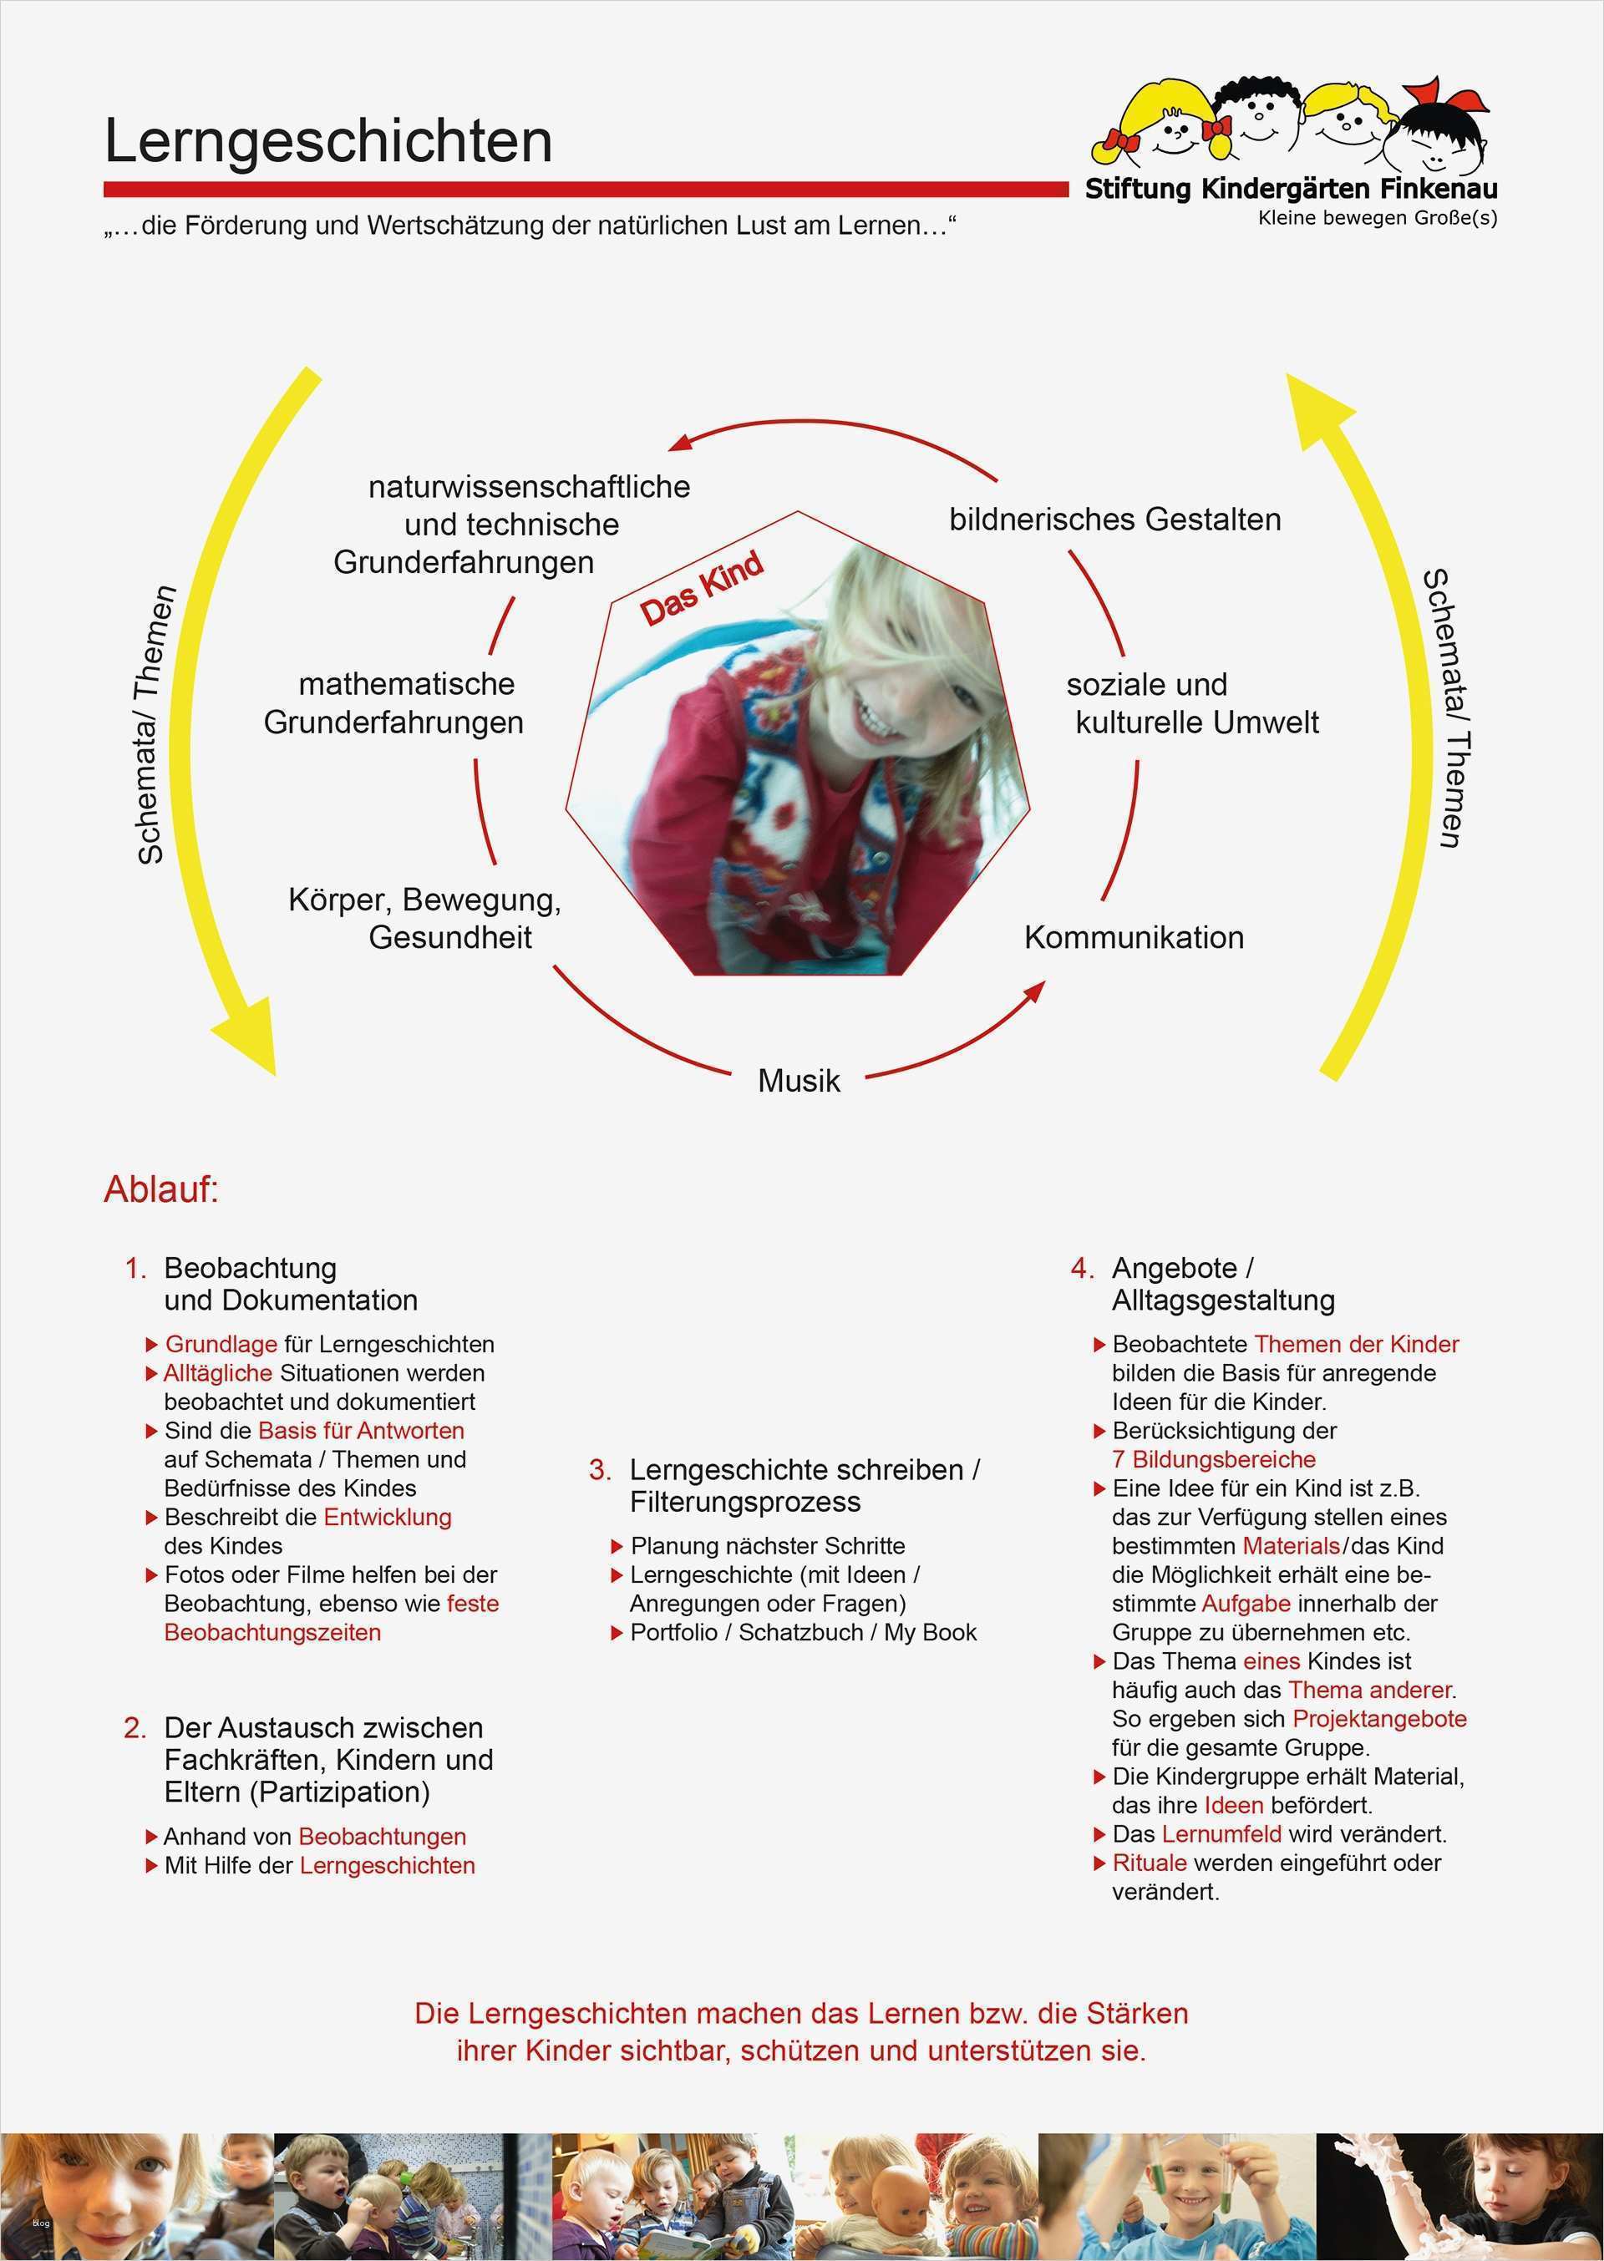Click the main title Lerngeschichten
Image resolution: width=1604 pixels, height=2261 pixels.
click(x=328, y=141)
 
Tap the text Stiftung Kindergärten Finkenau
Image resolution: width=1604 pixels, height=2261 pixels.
click(x=1291, y=189)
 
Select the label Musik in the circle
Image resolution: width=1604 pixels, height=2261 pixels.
click(x=799, y=1080)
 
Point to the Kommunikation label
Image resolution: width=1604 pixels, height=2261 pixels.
click(x=1134, y=937)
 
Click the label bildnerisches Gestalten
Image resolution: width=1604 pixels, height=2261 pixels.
click(x=1115, y=520)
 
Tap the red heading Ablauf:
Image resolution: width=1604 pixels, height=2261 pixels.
click(x=161, y=1189)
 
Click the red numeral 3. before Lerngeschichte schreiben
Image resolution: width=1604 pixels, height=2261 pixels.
click(x=600, y=1469)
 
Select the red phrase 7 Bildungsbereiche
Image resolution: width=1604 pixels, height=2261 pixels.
click(x=1214, y=1459)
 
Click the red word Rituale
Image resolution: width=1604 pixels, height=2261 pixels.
click(x=1150, y=1863)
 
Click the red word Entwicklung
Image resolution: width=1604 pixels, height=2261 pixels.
click(x=387, y=1517)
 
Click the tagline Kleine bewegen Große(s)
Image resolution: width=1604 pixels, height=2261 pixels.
click(x=1377, y=218)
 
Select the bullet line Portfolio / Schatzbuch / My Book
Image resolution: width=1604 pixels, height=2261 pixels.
click(x=803, y=1632)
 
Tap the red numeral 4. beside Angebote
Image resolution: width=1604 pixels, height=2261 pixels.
click(x=1083, y=1268)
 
